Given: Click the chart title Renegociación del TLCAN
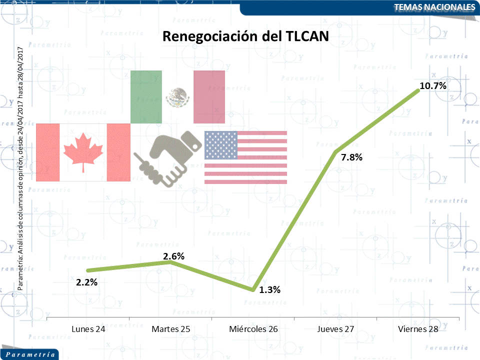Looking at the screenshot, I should click(245, 36).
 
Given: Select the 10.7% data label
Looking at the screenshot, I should click(432, 86).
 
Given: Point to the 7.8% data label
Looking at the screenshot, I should click(351, 157).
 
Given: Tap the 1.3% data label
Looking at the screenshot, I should click(270, 290).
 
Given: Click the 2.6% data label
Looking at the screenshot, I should click(173, 256).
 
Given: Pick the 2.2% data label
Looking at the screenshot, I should click(86, 282).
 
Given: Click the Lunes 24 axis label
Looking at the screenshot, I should click(88, 329).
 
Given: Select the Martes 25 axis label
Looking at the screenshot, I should click(171, 329).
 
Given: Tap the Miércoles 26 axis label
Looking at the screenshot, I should click(253, 329).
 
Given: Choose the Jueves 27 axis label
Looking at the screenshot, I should click(335, 329).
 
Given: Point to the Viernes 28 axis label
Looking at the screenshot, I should click(418, 329).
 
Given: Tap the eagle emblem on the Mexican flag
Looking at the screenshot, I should click(178, 97).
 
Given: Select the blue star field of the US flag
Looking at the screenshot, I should click(220, 144).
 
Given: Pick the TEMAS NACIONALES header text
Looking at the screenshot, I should click(433, 7).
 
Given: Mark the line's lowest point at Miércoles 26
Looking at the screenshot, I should click(253, 289).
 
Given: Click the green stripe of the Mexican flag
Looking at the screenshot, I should click(146, 96).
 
